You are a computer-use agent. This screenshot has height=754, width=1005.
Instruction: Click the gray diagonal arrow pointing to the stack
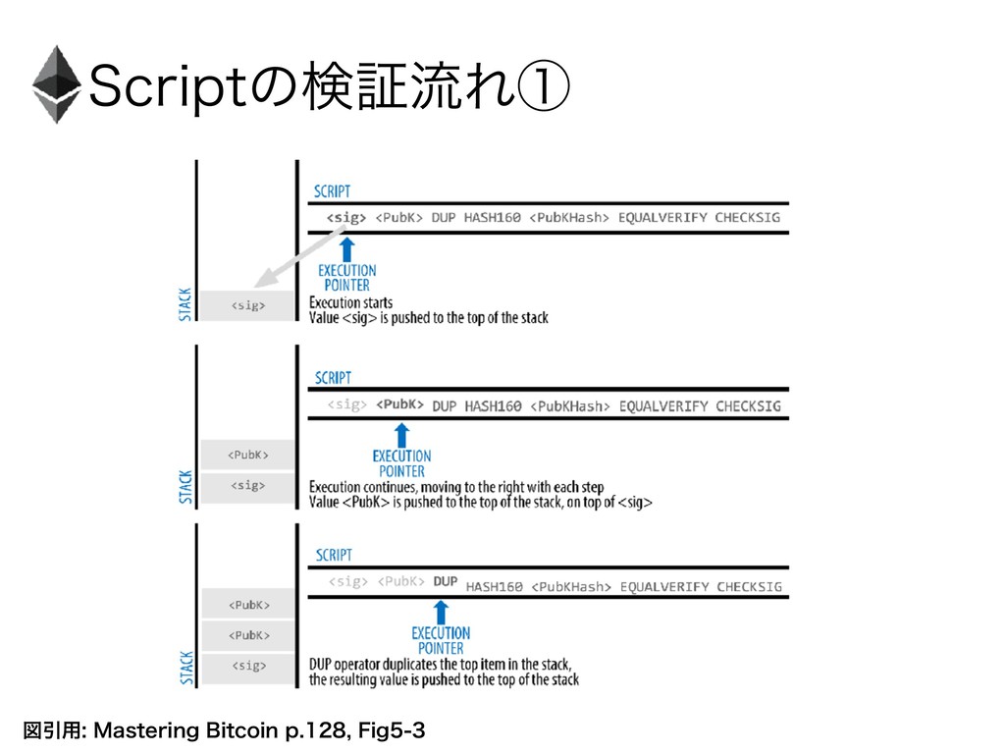coord(295,256)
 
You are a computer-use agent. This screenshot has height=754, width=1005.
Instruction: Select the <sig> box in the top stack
coord(247,305)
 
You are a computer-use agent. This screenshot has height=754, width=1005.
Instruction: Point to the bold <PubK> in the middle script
coord(400,404)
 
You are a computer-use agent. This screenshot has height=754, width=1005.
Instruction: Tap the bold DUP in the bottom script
coord(446,582)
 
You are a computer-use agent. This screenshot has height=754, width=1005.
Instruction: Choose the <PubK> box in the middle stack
coord(247,455)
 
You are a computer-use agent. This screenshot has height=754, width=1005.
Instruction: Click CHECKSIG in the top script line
coord(749,217)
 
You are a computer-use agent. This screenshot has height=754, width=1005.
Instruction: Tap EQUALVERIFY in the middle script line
coord(662,405)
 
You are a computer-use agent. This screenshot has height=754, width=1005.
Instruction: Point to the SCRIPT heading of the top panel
coord(332,190)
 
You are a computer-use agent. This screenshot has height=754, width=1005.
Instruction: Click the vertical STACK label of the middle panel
coord(185,485)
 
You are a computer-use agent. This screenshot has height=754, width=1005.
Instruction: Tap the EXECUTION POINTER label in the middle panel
coord(401,462)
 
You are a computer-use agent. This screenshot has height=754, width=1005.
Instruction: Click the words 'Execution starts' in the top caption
coord(350,302)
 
